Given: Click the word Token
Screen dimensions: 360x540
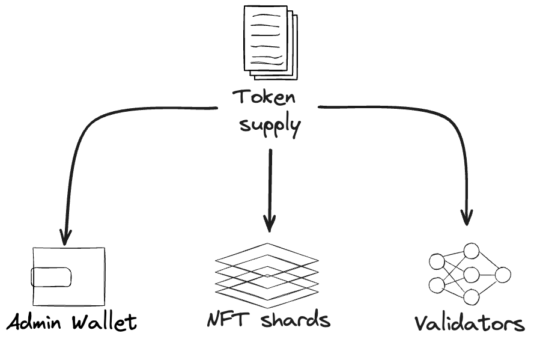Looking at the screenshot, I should pos(264,97).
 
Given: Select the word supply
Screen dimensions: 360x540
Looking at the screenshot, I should pos(270,126).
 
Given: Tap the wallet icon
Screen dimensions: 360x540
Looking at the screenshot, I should pos(68,276).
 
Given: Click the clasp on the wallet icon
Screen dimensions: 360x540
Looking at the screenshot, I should pos(51,277).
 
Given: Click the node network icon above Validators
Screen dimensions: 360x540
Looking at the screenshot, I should pos(470,274).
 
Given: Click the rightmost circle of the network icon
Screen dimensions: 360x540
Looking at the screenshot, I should pos(503,275).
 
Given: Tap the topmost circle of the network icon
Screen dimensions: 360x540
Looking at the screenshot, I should pos(471,251).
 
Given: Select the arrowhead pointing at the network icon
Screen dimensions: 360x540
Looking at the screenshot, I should pos(467,218).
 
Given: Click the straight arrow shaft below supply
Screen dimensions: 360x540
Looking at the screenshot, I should pos(270,180).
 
